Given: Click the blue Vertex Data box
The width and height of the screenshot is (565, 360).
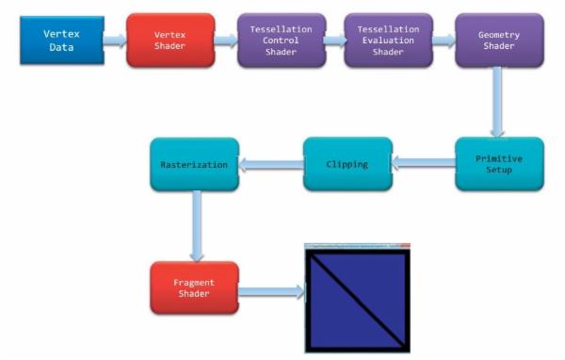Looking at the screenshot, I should [x=62, y=39].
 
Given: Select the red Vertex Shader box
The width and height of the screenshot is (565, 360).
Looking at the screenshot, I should [x=170, y=40].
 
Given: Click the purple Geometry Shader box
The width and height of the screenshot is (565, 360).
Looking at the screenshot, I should [x=499, y=41].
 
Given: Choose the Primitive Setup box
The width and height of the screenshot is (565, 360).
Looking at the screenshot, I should [x=499, y=165].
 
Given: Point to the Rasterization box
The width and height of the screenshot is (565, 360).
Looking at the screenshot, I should [x=194, y=164].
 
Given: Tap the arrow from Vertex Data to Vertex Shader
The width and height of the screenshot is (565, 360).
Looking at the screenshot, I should [x=115, y=40].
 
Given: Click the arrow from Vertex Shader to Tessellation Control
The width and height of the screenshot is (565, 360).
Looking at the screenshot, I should [x=226, y=40].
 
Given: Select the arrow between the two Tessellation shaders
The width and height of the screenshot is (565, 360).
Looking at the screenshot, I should [x=333, y=40].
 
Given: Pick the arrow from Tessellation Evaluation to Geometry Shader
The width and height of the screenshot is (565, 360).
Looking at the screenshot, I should [x=443, y=40].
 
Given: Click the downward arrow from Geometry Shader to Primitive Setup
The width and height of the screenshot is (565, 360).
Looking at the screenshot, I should [x=499, y=103].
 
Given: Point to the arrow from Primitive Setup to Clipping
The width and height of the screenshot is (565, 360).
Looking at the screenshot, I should [x=423, y=164].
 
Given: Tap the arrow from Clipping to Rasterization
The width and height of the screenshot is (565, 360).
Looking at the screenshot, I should [x=270, y=165].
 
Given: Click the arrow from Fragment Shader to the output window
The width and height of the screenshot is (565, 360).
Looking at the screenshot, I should [x=272, y=291].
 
